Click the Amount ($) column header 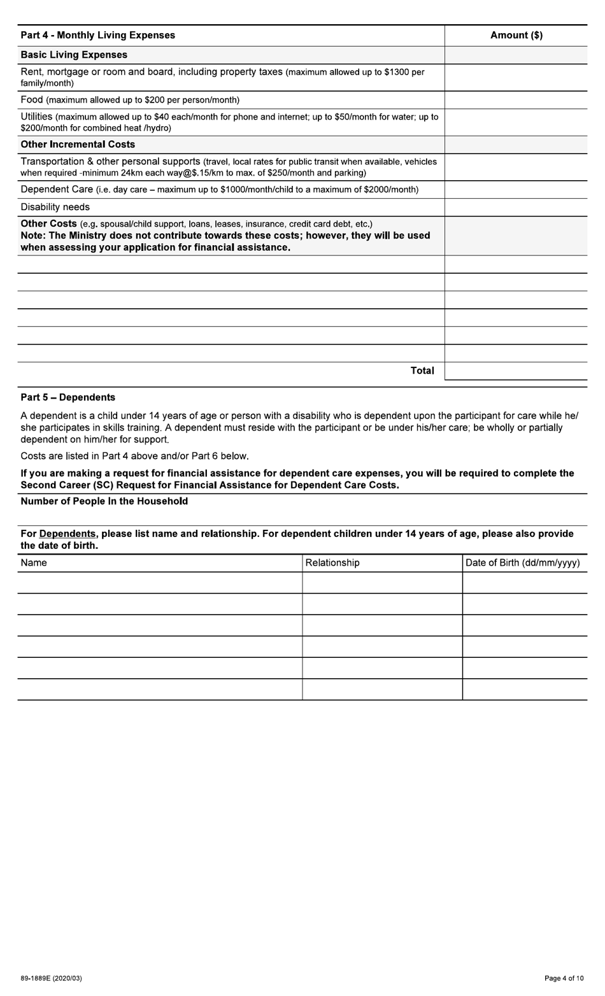point(516,35)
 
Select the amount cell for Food point(516,100)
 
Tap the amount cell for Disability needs point(516,207)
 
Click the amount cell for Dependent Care point(516,189)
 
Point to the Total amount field point(516,371)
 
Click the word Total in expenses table point(422,371)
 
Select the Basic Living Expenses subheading point(74,55)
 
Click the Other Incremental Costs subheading point(78,145)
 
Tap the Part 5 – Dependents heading point(68,397)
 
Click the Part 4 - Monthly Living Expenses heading point(97,35)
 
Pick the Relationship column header point(332,563)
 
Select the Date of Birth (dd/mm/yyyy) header point(522,563)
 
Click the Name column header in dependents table point(34,563)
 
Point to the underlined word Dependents point(68,534)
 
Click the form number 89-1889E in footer point(51,978)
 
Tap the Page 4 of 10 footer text point(564,978)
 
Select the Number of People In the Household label point(104,501)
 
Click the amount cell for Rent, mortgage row point(516,77)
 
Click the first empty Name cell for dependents point(159,583)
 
